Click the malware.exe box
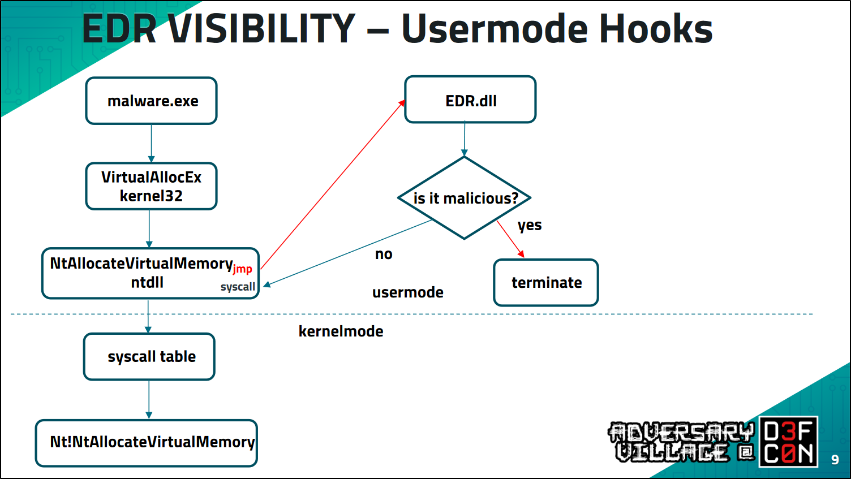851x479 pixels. click(152, 101)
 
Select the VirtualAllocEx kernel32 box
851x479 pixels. click(152, 186)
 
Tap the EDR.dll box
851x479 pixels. click(470, 100)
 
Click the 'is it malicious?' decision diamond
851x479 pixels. click(465, 198)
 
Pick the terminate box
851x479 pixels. click(546, 283)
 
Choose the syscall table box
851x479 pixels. click(150, 357)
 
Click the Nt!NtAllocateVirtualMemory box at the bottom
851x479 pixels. click(147, 443)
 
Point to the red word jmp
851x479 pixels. click(242, 269)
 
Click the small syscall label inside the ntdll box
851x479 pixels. click(238, 287)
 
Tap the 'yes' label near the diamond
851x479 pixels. click(530, 225)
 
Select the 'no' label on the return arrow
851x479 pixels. click(384, 254)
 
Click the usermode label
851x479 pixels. click(407, 292)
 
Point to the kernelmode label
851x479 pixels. click(341, 331)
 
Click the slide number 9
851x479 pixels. click(835, 460)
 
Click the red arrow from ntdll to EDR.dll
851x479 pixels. click(333, 184)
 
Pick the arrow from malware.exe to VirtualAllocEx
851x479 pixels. click(151, 143)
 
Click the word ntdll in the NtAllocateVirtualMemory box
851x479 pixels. click(147, 283)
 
